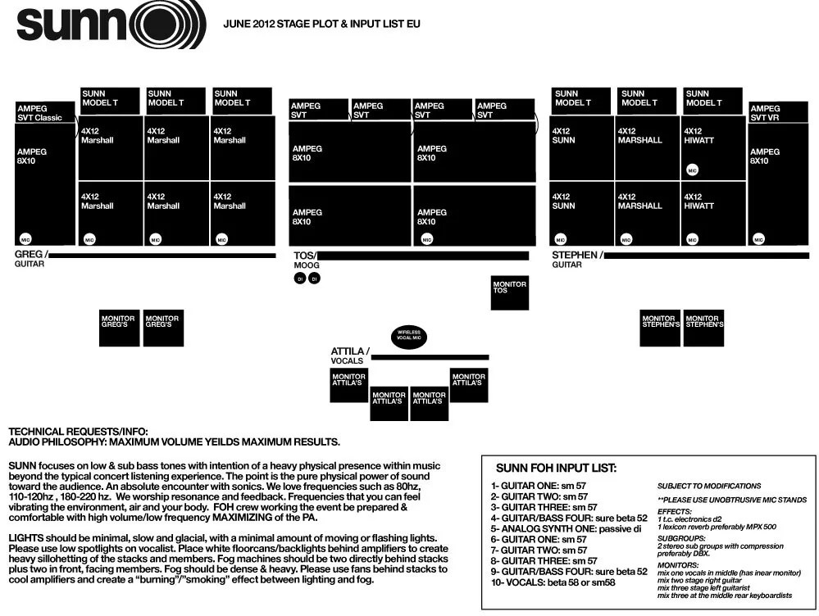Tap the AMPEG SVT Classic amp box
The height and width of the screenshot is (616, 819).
pyautogui.click(x=44, y=113)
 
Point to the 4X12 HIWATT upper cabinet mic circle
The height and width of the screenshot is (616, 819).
pyautogui.click(x=693, y=170)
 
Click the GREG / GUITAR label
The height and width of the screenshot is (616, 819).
pyautogui.click(x=31, y=259)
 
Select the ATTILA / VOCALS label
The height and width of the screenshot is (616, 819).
pyautogui.click(x=350, y=356)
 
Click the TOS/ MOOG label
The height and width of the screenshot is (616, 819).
pyautogui.click(x=306, y=260)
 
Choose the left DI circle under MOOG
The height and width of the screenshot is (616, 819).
pyautogui.click(x=300, y=279)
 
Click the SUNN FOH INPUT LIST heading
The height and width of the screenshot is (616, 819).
pyautogui.click(x=556, y=469)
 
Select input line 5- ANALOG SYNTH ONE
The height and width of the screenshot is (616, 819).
pyautogui.click(x=561, y=529)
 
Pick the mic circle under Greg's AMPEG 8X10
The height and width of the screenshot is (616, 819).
pyautogui.click(x=26, y=239)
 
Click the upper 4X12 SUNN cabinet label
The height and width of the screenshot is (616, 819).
pyautogui.click(x=563, y=135)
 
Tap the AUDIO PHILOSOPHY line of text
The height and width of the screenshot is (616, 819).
pyautogui.click(x=174, y=442)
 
